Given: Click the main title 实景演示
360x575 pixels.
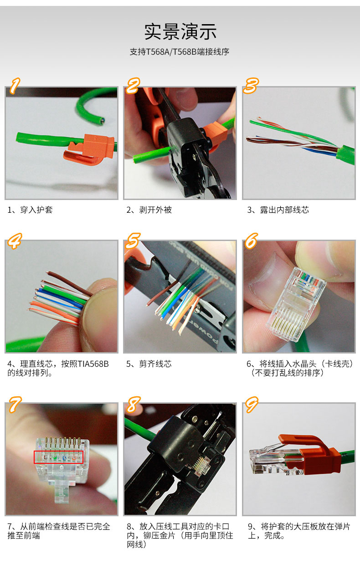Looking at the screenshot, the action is (x=180, y=31).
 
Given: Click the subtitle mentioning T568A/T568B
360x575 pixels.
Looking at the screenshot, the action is (x=179, y=52).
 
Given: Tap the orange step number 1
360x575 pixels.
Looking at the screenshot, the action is (x=15, y=85).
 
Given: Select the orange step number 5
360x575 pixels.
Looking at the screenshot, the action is (x=133, y=241).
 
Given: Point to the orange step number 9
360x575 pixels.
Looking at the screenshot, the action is (x=252, y=404).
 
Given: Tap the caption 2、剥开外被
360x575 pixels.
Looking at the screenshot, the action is (x=149, y=210).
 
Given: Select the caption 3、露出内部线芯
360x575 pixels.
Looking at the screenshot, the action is (x=278, y=210).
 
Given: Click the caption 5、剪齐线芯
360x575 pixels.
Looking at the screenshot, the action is (x=149, y=364).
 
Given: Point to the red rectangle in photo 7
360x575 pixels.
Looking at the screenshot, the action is (x=58, y=457).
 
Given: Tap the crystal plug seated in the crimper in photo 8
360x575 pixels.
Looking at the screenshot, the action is (x=201, y=466).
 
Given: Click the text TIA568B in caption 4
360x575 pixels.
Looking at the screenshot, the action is (x=93, y=364).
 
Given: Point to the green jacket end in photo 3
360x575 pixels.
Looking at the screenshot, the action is (x=345, y=154).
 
